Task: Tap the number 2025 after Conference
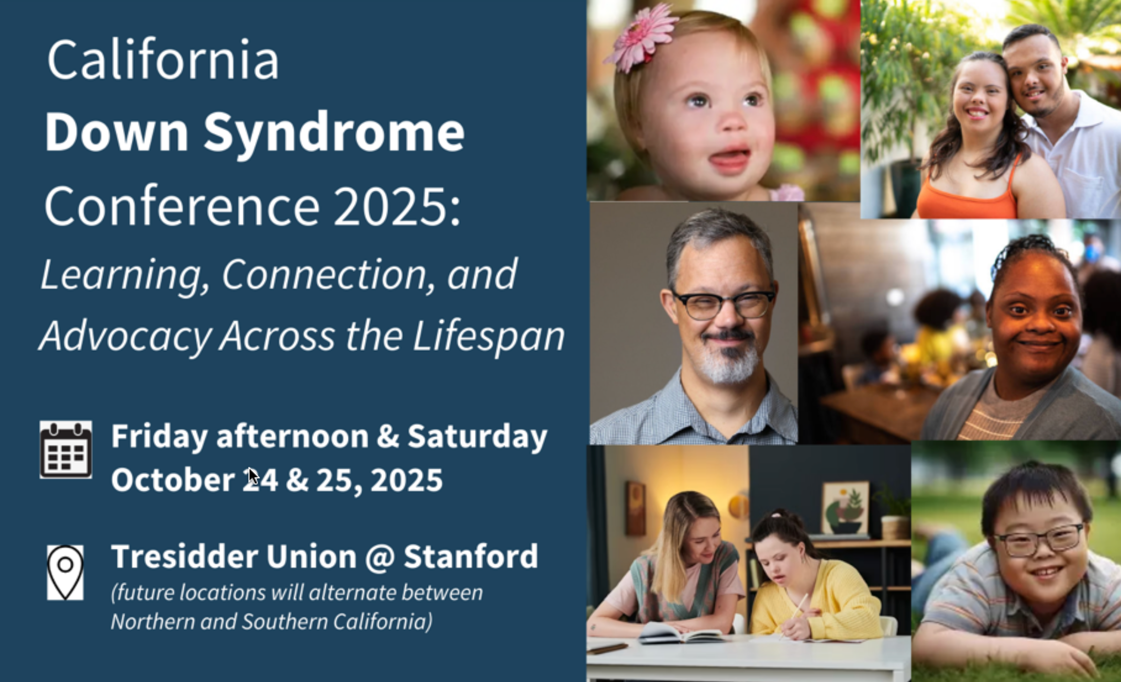coord(391,207)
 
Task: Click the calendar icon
coord(66,450)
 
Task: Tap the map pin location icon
coord(65,572)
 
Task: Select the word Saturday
coord(477,436)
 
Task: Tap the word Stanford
coord(471,557)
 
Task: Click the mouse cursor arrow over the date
coord(253,476)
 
